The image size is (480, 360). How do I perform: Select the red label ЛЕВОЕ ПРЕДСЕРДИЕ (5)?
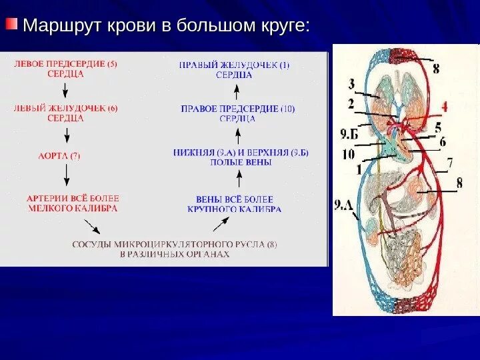tap(65, 69)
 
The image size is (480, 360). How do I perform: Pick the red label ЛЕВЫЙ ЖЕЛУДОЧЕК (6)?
tap(65, 113)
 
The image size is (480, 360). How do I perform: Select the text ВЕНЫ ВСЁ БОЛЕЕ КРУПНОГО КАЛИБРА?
tap(239, 204)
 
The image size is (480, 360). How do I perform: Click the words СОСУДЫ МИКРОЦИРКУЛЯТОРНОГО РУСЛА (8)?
tap(175, 249)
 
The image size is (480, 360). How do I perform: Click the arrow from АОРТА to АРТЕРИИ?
tap(66, 175)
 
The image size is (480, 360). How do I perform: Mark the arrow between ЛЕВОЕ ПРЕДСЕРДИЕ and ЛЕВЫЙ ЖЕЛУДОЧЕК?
tap(66, 91)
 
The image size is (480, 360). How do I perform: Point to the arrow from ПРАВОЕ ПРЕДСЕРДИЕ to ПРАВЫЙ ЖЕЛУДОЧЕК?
tap(238, 91)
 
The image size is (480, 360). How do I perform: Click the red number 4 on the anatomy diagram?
tap(444, 105)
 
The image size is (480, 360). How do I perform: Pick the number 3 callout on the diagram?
tap(351, 84)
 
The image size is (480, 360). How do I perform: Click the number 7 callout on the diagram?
tap(450, 162)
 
